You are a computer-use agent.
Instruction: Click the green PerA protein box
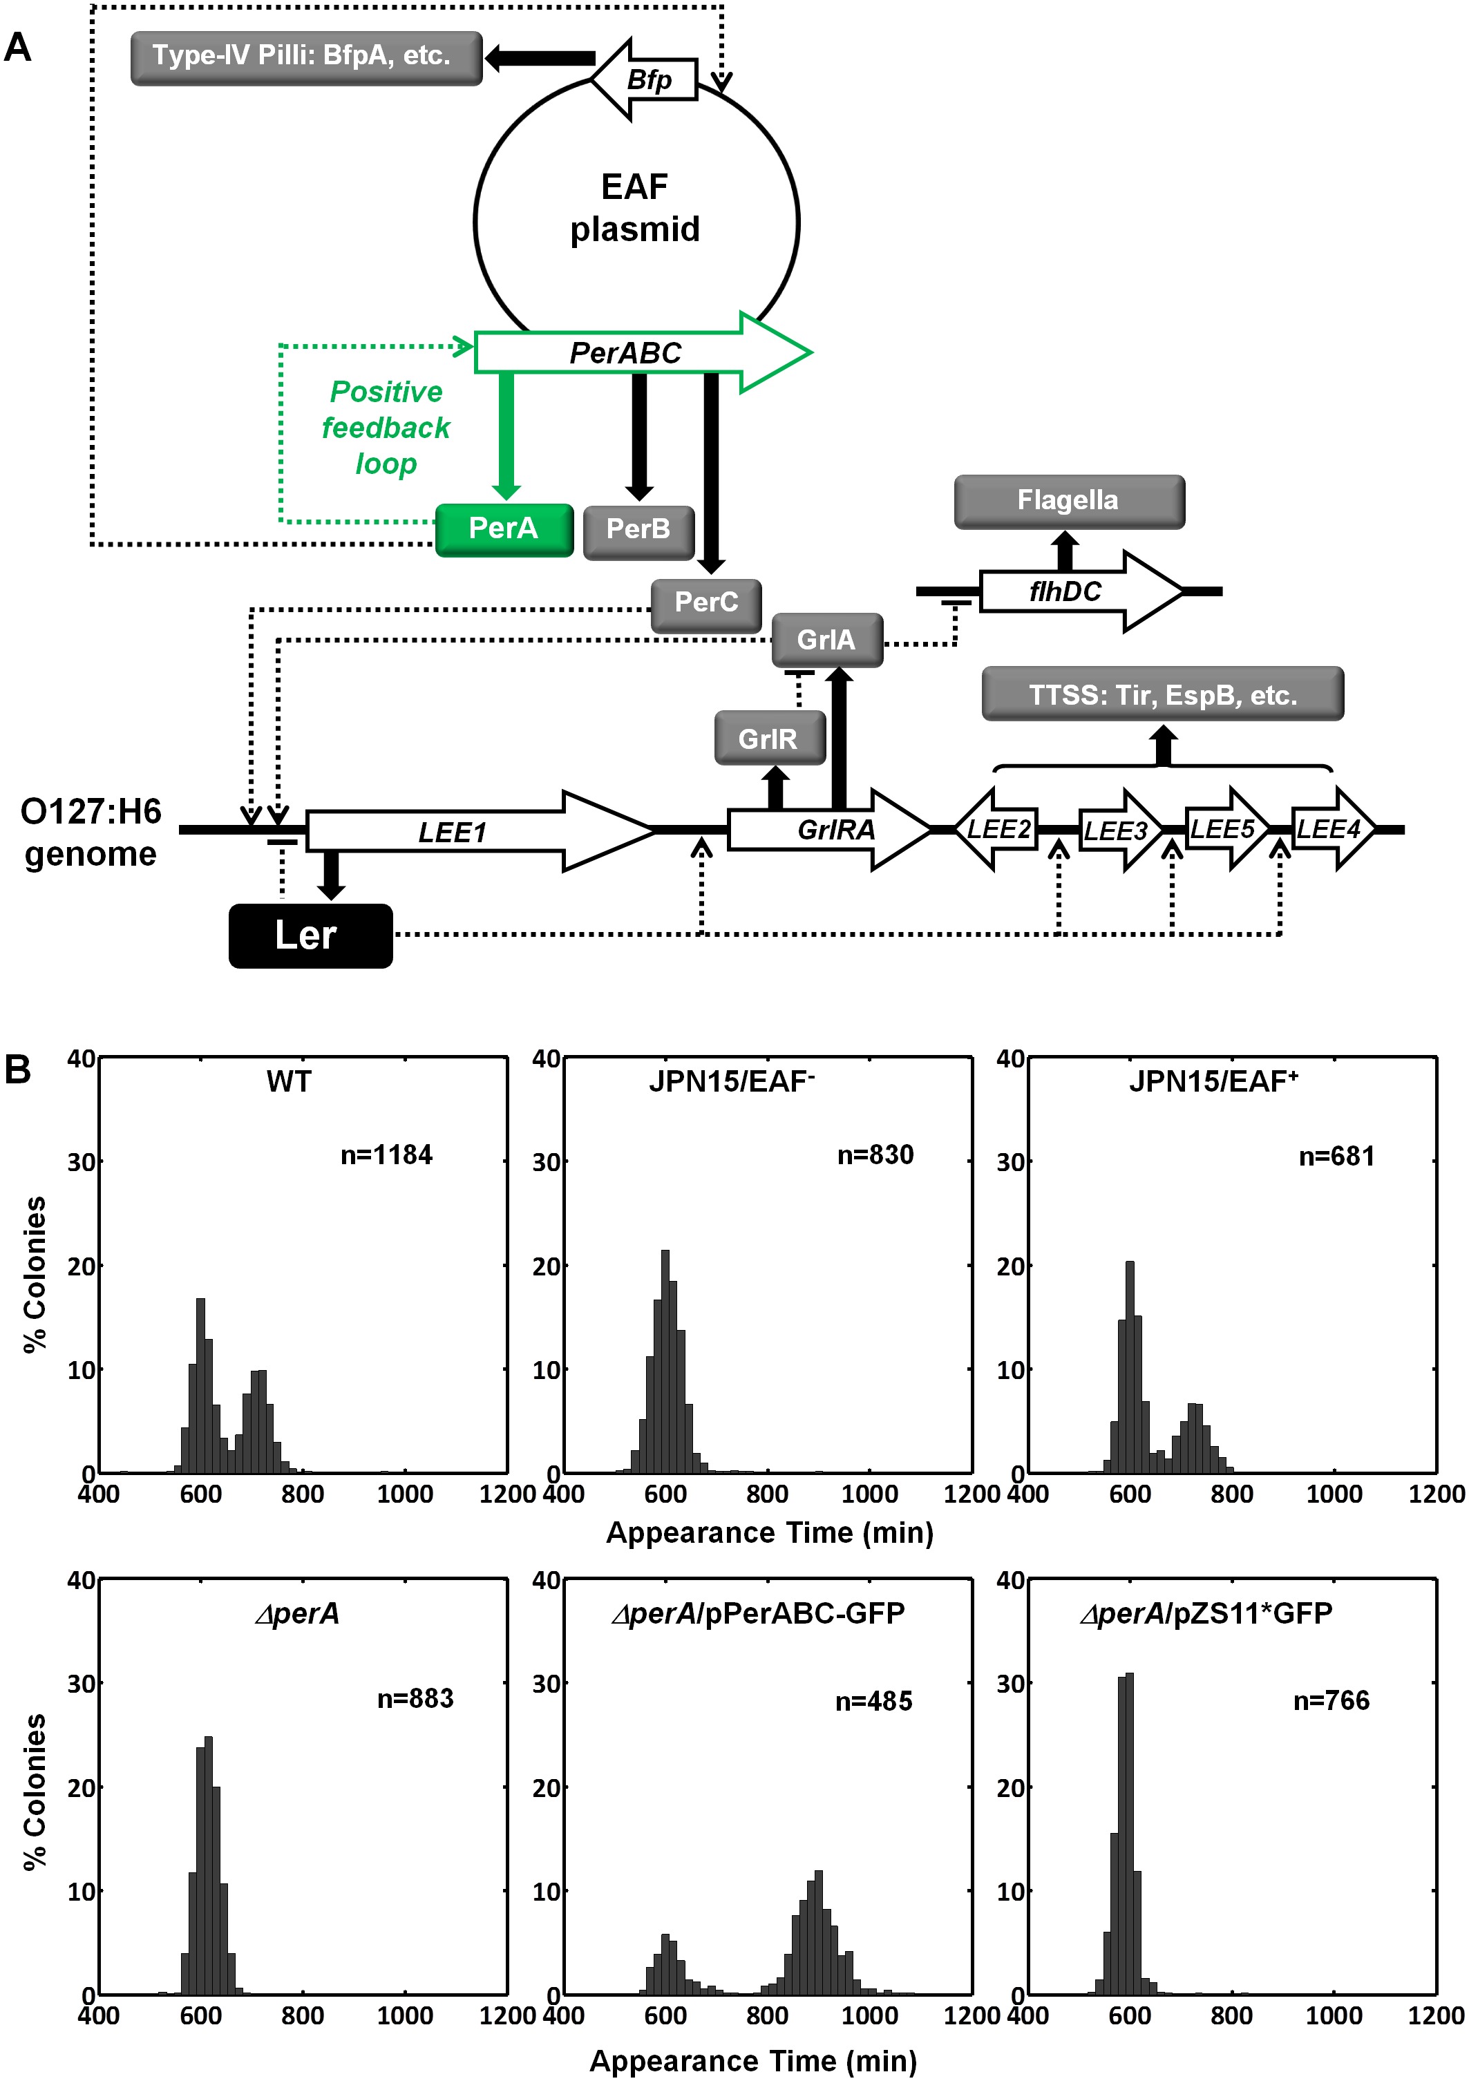pyautogui.click(x=504, y=529)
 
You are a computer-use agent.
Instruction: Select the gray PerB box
pyautogui.click(x=638, y=531)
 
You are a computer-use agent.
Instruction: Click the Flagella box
pyautogui.click(x=1068, y=501)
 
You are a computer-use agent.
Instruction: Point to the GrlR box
pyautogui.click(x=769, y=738)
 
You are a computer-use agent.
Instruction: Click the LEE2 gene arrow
pyautogui.click(x=997, y=828)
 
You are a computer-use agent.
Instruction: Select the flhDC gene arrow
pyautogui.click(x=1079, y=591)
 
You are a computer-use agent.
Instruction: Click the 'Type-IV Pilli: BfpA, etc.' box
pyautogui.click(x=305, y=57)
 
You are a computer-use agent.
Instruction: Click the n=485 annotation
pyautogui.click(x=873, y=1701)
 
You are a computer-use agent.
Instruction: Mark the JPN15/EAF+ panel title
pyautogui.click(x=1213, y=1081)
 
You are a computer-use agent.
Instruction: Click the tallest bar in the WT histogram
pyautogui.click(x=200, y=1387)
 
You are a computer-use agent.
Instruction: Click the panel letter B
pyautogui.click(x=17, y=1070)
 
